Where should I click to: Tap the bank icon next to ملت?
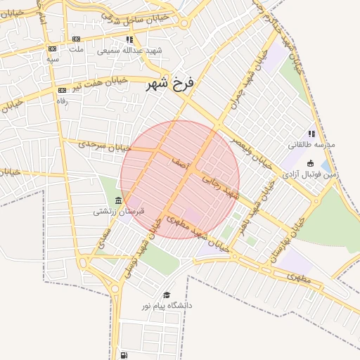(x=76, y=39)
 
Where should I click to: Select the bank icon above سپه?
(x=52, y=49)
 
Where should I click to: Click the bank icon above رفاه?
(x=62, y=90)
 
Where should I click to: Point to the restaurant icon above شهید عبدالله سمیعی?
(x=129, y=40)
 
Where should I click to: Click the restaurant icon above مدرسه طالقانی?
(x=311, y=134)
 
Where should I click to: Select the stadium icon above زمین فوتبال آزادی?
(x=311, y=163)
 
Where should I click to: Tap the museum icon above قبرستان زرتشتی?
(x=117, y=201)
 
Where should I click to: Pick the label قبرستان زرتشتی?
(x=120, y=211)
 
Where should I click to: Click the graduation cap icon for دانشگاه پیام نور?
(x=167, y=295)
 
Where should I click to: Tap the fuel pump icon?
(x=124, y=355)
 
